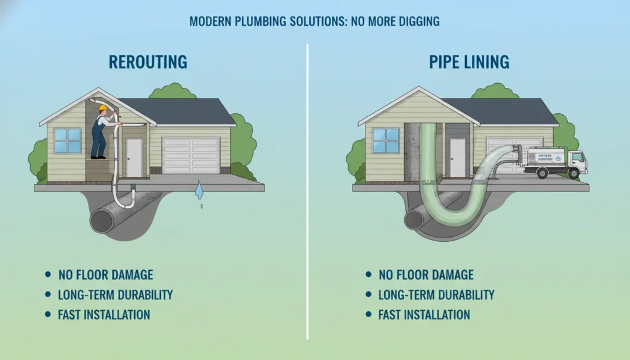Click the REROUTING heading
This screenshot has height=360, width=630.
(x=148, y=62)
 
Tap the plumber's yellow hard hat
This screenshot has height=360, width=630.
(x=103, y=109)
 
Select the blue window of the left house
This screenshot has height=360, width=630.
(x=67, y=141)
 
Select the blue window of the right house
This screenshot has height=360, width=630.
(x=386, y=141)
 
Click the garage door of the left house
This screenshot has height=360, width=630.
(x=191, y=155)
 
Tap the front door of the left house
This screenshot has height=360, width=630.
(x=134, y=157)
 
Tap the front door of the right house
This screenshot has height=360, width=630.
(x=457, y=157)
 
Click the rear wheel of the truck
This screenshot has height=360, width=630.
(x=543, y=174)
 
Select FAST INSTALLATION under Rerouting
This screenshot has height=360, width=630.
(x=104, y=314)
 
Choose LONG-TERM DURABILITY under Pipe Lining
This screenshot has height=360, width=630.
(x=436, y=295)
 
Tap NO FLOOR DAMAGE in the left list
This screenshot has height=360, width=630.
(x=106, y=274)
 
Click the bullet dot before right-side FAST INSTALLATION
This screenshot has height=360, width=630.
(x=368, y=314)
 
